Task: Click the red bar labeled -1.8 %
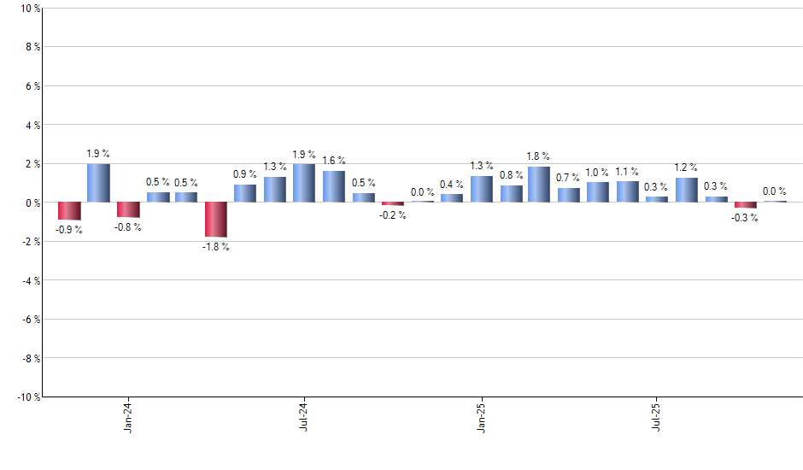coord(216,220)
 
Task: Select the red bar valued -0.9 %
coord(69,211)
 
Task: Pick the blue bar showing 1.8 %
coord(539,185)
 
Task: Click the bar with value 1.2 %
coord(686,190)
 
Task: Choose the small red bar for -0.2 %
coord(393,204)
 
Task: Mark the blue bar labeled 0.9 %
coord(245,193)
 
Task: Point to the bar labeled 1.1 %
coord(628,191)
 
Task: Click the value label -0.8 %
coord(128,227)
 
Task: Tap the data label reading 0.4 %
coord(451,185)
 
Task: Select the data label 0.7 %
coord(569,178)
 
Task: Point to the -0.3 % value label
coord(745,218)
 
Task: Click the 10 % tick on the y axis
coord(29,9)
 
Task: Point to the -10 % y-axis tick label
coord(26,397)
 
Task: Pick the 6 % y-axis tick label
coord(32,86)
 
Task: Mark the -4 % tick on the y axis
coord(29,280)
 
